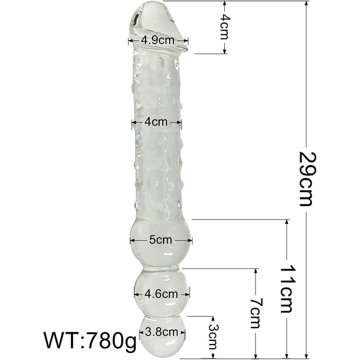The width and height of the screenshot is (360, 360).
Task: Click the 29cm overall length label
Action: click(x=307, y=179)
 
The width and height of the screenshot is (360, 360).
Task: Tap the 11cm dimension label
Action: click(x=287, y=289)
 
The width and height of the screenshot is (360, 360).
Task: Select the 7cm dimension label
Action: click(x=256, y=313)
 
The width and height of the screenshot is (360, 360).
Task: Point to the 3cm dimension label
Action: click(x=213, y=337)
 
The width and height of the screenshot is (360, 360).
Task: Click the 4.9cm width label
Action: click(x=158, y=41)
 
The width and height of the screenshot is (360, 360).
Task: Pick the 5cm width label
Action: click(x=160, y=240)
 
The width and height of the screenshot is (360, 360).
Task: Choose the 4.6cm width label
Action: click(x=161, y=294)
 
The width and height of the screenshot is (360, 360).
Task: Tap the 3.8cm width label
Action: click(x=161, y=332)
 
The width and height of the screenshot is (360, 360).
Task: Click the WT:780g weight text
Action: click(x=90, y=340)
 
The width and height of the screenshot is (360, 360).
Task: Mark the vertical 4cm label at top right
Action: click(x=224, y=27)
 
